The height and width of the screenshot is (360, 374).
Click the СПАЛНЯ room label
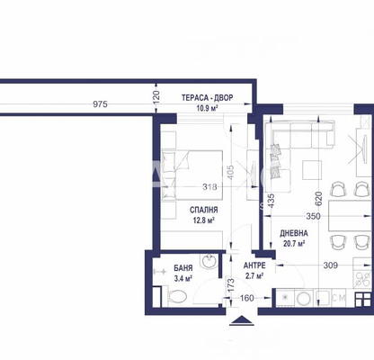pos(203,210)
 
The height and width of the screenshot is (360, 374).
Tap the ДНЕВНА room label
pos(294,233)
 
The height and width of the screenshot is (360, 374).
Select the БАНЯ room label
pos(183,268)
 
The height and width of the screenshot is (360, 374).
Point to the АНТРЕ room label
pos(254,265)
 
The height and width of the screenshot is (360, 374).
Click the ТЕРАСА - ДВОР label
pos(207,98)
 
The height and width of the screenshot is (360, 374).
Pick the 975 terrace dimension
pos(100,104)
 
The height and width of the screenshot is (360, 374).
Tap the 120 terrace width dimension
pos(156,97)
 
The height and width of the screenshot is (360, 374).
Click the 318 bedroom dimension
pos(209,187)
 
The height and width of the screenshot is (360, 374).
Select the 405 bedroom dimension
pos(230,171)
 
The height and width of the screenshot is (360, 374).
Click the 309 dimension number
pos(331,265)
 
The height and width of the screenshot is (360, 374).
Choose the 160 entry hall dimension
pos(247,298)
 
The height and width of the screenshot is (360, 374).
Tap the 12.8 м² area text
pos(203,220)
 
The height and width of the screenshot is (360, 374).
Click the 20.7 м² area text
pos(294,243)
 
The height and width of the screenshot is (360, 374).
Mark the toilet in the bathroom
pos(176,296)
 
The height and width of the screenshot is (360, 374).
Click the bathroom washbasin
pos(209,262)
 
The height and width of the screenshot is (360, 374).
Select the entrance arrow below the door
pos(242,321)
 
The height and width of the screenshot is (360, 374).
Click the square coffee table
pos(312,169)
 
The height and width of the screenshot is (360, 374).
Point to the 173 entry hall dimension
pos(230,285)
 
